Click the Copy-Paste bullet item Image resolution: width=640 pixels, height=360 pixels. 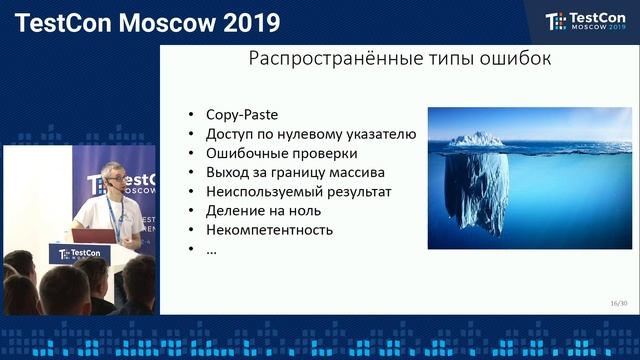[x=241, y=115]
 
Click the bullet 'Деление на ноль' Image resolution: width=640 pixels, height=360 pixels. [x=257, y=210]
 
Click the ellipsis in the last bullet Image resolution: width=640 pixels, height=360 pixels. [x=211, y=248]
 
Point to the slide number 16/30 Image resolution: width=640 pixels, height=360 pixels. [x=618, y=303]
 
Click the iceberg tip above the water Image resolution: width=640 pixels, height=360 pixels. [x=475, y=139]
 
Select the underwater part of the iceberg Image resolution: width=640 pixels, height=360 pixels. [x=476, y=190]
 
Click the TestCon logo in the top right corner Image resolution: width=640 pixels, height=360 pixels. [x=583, y=21]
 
